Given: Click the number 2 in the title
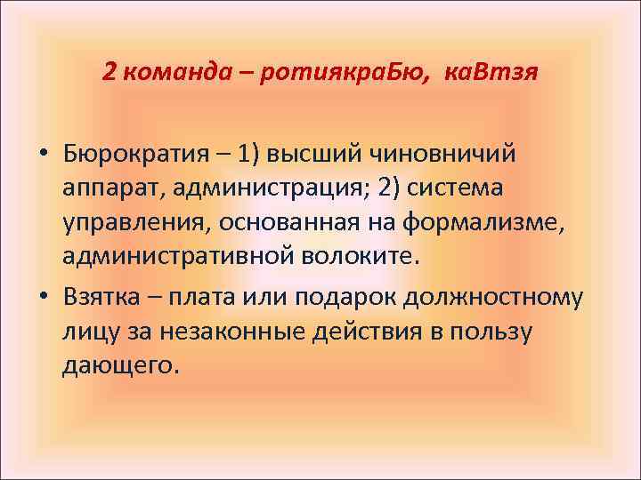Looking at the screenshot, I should (109, 70).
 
